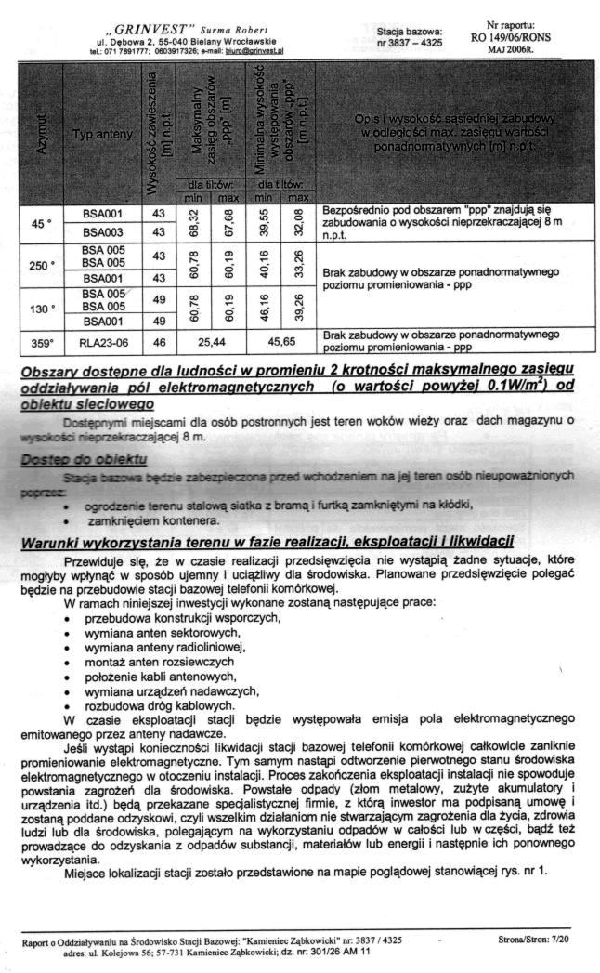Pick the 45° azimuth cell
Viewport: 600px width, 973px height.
pos(39,223)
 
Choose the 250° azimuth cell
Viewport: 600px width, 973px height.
pos(39,265)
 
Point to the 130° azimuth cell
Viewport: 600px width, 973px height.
pos(39,308)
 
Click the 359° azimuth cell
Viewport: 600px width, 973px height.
pos(39,343)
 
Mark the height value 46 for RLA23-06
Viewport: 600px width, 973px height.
pos(158,343)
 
